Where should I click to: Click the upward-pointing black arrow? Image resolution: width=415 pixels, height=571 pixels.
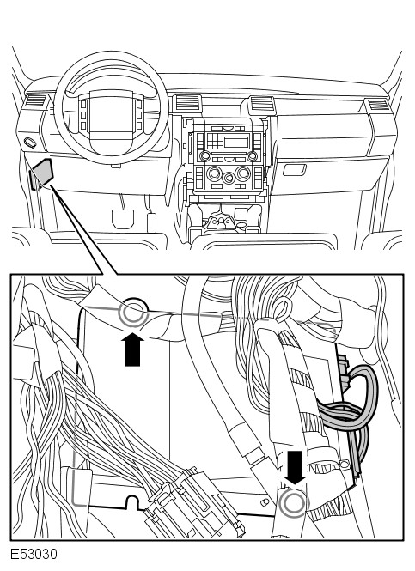[132, 349]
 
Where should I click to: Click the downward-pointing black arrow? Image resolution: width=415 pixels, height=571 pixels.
[295, 467]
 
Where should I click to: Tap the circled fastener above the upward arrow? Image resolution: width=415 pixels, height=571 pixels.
[132, 313]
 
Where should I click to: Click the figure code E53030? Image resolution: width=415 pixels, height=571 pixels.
[34, 554]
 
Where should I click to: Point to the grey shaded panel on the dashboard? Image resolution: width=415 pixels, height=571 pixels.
[43, 173]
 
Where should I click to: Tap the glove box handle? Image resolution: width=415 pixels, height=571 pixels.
[295, 170]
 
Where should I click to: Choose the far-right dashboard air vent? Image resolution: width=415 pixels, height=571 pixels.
[379, 105]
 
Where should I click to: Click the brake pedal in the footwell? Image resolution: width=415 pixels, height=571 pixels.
[122, 219]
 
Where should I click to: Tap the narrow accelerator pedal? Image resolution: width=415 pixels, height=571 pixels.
[151, 222]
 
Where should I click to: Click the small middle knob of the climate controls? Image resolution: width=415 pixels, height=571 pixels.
[229, 178]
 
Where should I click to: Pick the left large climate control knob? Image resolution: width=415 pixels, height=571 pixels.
[214, 173]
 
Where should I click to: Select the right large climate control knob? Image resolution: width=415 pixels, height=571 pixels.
[242, 173]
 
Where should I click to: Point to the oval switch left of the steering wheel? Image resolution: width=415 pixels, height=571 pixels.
[30, 143]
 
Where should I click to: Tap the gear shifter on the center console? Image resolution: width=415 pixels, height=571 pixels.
[220, 221]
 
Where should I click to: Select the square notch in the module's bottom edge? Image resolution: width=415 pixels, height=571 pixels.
[133, 502]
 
